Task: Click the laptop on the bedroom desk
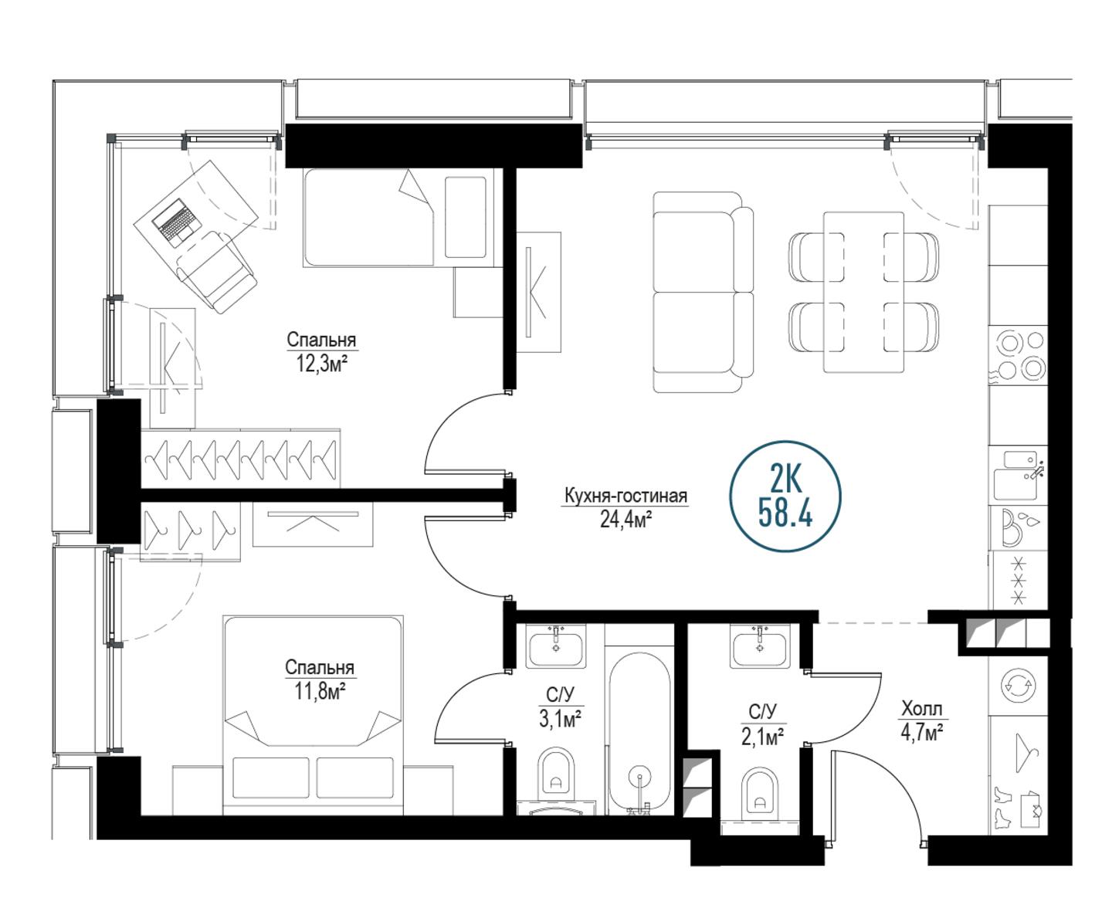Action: pos(177,222)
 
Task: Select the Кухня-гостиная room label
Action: pos(625,496)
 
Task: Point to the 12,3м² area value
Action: pos(322,363)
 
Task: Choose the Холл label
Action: pos(922,709)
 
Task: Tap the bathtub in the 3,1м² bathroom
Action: pos(639,734)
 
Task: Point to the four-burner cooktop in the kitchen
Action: pos(1018,355)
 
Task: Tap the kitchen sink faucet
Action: pos(1036,470)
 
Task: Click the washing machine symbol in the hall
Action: pos(1018,686)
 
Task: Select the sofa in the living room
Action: pos(703,292)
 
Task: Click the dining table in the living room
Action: pos(863,292)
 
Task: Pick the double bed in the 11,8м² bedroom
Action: pos(314,714)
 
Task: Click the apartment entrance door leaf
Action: pos(832,801)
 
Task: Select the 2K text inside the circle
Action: pos(785,480)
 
